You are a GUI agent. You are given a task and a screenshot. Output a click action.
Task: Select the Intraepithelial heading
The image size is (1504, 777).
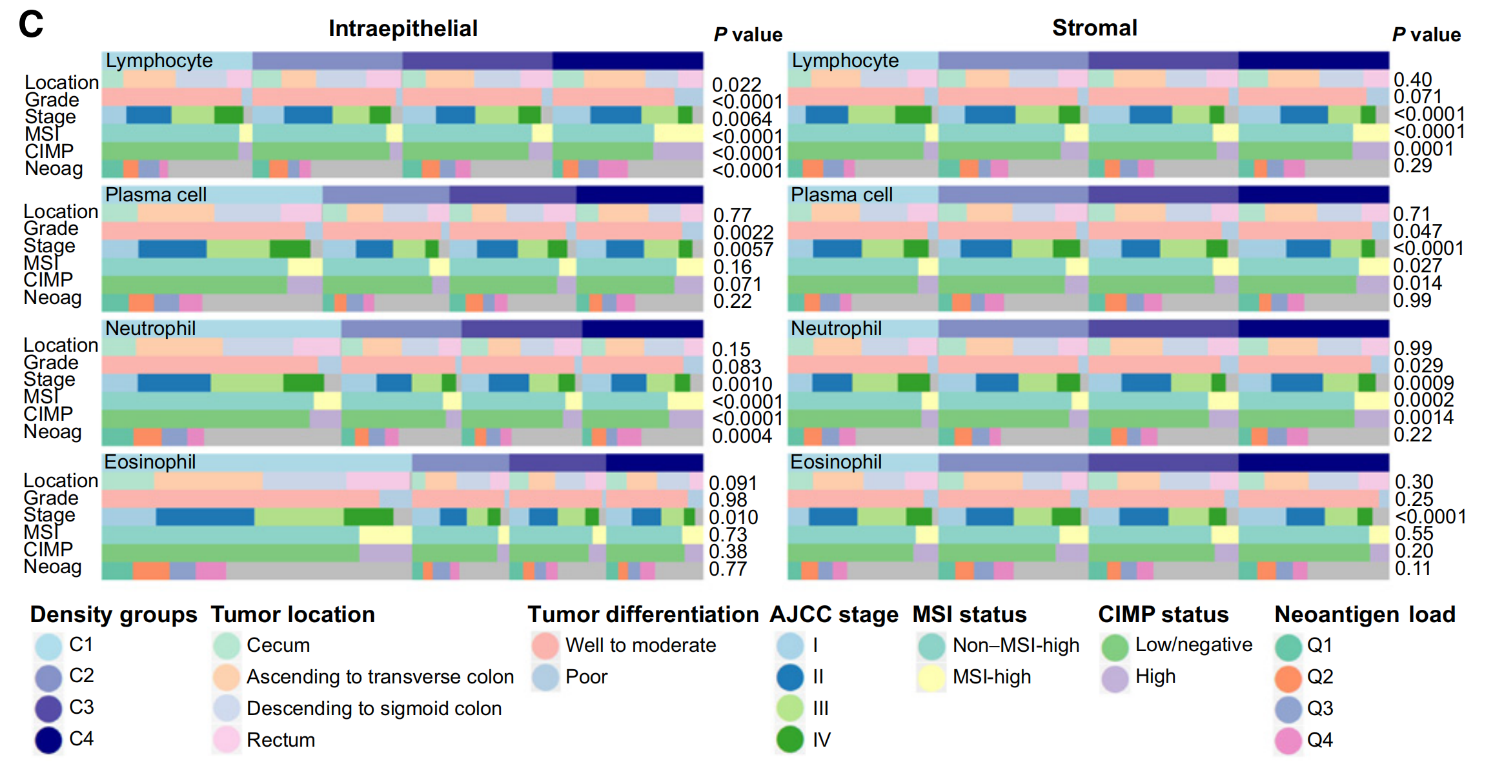403,28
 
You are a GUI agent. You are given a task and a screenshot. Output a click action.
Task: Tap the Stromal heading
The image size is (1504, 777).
1094,28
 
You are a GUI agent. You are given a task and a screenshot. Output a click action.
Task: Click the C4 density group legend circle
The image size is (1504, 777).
48,740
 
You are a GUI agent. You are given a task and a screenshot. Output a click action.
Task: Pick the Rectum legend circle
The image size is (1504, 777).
227,740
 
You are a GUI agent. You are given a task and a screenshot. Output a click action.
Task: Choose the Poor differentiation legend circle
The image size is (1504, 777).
545,677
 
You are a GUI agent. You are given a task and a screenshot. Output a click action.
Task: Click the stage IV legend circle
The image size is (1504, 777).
790,740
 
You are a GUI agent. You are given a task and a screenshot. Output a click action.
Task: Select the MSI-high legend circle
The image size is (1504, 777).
931,678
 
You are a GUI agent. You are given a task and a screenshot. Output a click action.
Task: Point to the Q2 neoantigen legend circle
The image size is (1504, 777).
1288,678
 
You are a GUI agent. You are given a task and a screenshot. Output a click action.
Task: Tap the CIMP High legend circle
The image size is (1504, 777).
1114,678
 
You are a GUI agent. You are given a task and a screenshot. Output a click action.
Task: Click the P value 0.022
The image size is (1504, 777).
737,85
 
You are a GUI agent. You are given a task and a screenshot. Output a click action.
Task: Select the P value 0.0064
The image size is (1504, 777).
742,119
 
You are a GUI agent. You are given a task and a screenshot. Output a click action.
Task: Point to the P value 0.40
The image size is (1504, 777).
1412,79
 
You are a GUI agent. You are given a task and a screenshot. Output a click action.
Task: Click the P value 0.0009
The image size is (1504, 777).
1423,383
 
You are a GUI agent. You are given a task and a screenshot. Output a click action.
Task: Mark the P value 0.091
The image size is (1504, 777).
733,483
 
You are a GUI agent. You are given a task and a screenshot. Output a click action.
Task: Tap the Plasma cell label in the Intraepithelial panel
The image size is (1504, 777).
156,195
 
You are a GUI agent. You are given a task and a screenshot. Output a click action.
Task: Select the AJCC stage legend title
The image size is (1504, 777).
833,614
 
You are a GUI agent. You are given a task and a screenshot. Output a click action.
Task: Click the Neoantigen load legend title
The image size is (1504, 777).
1365,614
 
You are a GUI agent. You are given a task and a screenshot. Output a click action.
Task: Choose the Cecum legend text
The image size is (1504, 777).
278,645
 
